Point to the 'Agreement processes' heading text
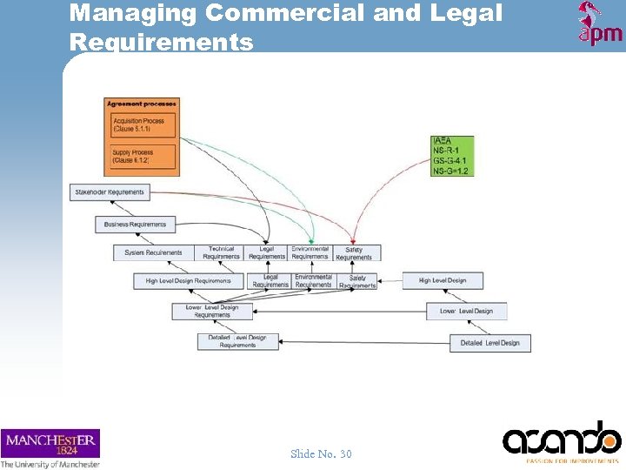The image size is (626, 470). point(142,104)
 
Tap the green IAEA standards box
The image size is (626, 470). point(451,156)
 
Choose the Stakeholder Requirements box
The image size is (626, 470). point(110,191)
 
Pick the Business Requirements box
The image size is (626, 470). point(135,224)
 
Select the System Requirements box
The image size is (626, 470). point(153,252)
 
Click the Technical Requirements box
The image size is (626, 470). point(221,252)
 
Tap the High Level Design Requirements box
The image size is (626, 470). point(189,281)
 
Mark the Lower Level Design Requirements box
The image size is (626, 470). point(212,311)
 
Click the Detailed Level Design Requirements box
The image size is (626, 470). point(237,341)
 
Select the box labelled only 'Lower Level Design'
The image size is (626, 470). point(466,311)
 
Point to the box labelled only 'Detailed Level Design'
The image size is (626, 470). point(490,343)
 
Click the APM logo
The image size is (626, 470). point(599,23)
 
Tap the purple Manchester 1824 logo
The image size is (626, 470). point(50,444)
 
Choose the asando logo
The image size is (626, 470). point(562,439)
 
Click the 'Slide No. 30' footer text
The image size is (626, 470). point(322,453)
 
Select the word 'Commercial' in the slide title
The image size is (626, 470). point(272,13)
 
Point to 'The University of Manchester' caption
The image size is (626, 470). point(50,464)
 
